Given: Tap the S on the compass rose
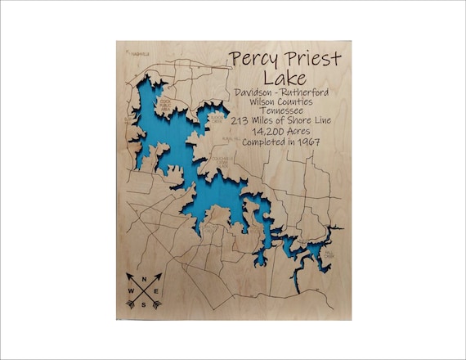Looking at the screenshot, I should pyautogui.click(x=142, y=304).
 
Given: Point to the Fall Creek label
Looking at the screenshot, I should pyautogui.click(x=329, y=255).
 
